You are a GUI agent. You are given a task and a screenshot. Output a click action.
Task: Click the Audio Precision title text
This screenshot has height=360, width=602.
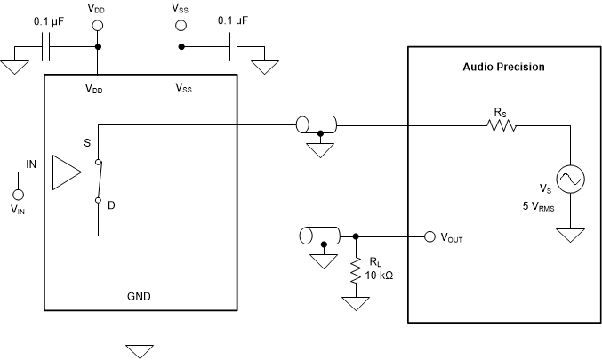(x=503, y=68)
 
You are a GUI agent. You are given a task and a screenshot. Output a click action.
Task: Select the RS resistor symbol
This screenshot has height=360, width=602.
(x=502, y=126)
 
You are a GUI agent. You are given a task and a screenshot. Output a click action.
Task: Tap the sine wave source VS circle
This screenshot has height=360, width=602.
(x=569, y=180)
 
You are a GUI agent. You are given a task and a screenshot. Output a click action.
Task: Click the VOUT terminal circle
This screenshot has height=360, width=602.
(x=429, y=236)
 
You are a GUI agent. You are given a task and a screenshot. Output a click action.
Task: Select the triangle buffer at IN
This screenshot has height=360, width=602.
(x=67, y=172)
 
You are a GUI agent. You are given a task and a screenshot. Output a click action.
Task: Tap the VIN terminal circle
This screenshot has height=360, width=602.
(x=18, y=194)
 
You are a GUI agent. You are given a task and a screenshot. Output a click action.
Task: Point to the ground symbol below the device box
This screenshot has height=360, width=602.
(x=139, y=348)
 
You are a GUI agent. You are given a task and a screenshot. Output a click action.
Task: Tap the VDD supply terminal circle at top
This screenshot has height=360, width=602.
(x=98, y=24)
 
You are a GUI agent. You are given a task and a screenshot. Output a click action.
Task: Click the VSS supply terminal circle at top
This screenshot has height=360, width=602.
(x=181, y=24)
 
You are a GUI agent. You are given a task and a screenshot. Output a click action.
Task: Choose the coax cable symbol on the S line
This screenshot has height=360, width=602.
(x=316, y=125)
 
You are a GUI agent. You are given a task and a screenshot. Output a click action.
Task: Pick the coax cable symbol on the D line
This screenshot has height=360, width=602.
(x=317, y=236)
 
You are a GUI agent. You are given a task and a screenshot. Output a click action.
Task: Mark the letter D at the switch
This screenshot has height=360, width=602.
(x=112, y=205)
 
